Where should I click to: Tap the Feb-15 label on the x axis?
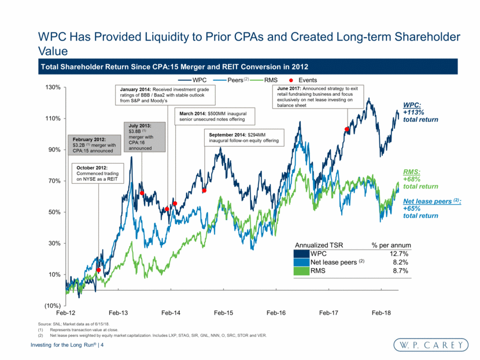coord(223,313)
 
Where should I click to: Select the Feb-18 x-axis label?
coord(381,313)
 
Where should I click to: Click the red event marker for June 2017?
coord(347,129)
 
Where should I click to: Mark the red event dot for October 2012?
coord(99,270)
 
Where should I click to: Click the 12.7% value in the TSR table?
coord(398,253)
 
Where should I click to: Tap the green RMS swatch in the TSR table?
coord(301,270)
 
